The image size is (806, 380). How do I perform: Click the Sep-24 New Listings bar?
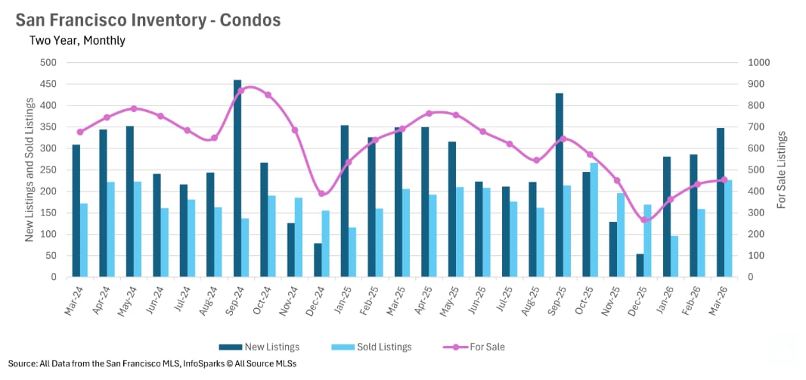[237, 179]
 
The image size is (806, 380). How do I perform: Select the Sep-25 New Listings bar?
[560, 185]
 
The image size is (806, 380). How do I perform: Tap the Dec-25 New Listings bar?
[640, 265]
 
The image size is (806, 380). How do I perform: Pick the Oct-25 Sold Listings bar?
[594, 220]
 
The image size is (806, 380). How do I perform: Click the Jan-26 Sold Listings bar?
[674, 257]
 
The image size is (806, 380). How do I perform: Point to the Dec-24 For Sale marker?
[321, 194]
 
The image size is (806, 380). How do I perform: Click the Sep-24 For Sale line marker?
[241, 91]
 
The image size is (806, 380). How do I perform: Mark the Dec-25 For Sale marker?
[644, 220]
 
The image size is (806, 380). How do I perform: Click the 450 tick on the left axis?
[49, 84]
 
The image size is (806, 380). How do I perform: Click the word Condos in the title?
[250, 20]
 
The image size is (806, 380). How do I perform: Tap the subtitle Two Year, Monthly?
[77, 41]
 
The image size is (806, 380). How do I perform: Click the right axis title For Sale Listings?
[782, 170]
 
